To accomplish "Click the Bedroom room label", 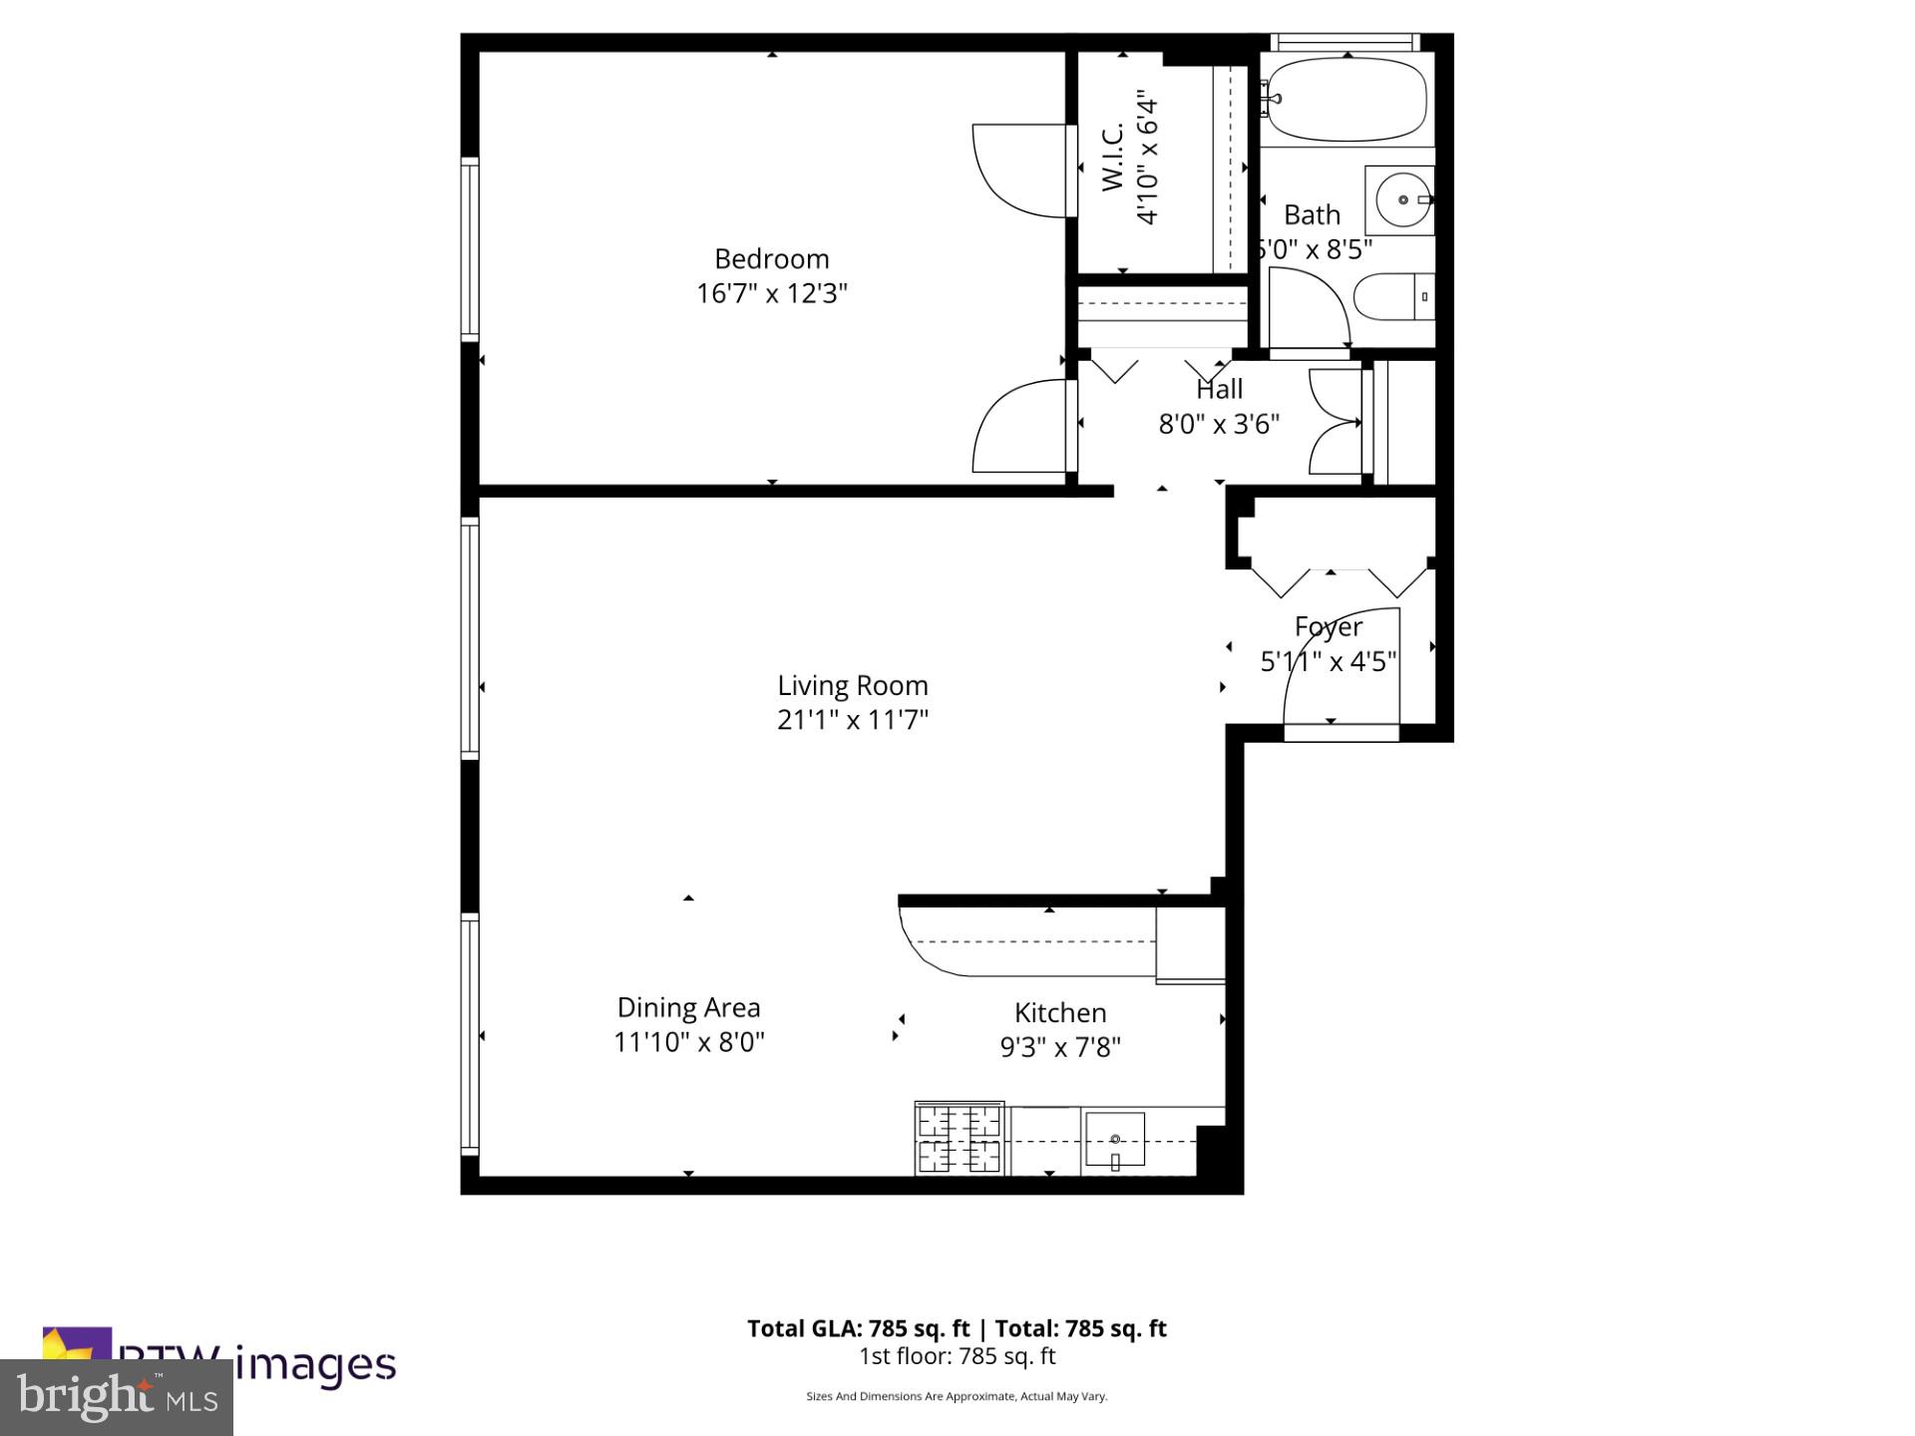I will pos(771,259).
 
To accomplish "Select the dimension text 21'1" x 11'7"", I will pos(853,720).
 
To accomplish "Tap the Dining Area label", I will pos(688,1008).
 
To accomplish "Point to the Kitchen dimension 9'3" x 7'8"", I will pos(1060,1047).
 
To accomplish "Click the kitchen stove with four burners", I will pos(958,1139).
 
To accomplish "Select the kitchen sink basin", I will pos(1115,1139).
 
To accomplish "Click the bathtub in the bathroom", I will pos(1346,99).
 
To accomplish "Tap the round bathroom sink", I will pos(1402,200).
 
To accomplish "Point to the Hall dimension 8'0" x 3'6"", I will pos(1219,425).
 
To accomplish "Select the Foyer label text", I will pos(1328,627).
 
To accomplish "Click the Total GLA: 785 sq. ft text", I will pos(858,1328).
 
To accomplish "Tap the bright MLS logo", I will pos(117,1397).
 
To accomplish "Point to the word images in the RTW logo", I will pos(317,1365).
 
